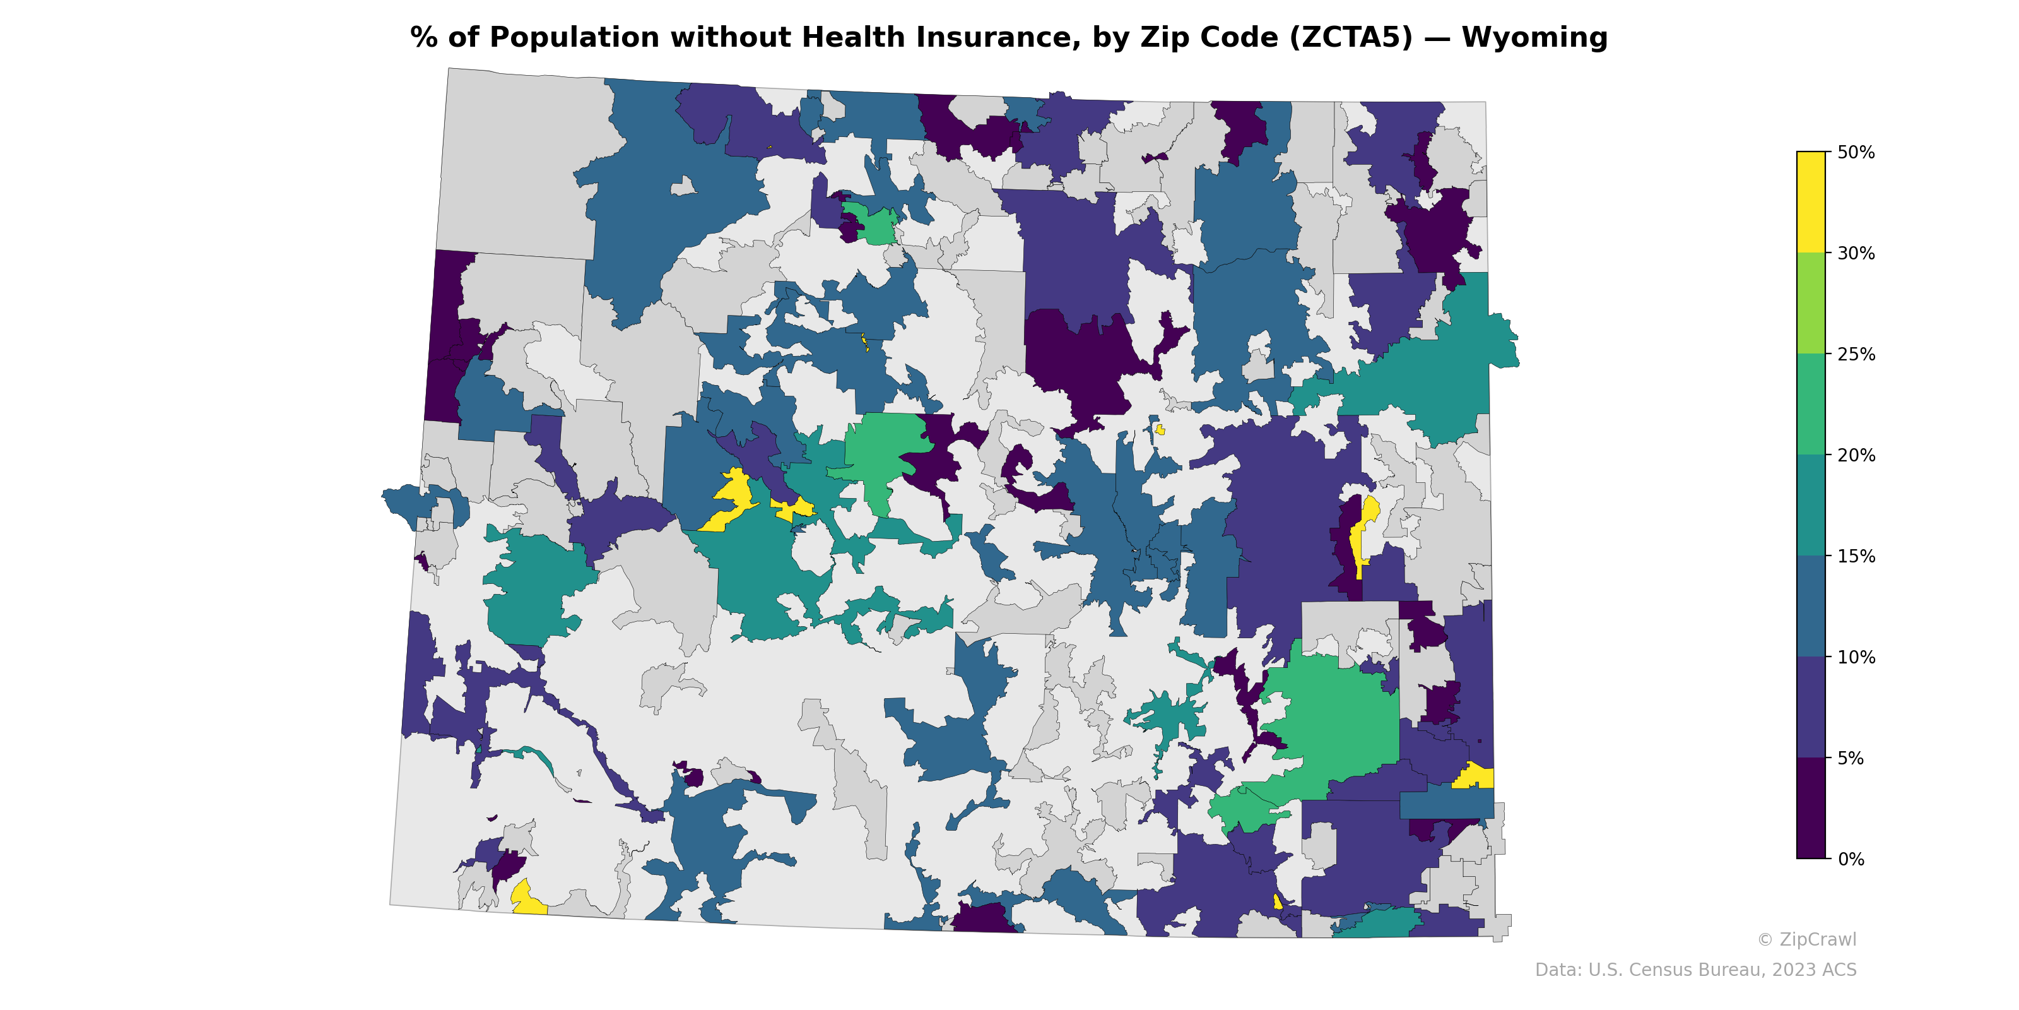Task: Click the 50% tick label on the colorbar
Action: point(1855,153)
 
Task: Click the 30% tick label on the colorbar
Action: point(1855,253)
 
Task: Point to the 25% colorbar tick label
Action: point(1855,354)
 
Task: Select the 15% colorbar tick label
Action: point(1855,557)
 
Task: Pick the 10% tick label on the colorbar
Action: point(1855,658)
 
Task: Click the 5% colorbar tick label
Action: point(1850,758)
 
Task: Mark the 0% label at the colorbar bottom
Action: point(1850,859)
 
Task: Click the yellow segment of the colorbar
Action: point(1811,202)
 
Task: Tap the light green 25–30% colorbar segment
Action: point(1811,304)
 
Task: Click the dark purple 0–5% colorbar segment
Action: point(1811,809)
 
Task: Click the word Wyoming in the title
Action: point(1534,38)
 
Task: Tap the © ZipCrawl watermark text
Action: point(1806,939)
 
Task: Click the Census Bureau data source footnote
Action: point(1695,970)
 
